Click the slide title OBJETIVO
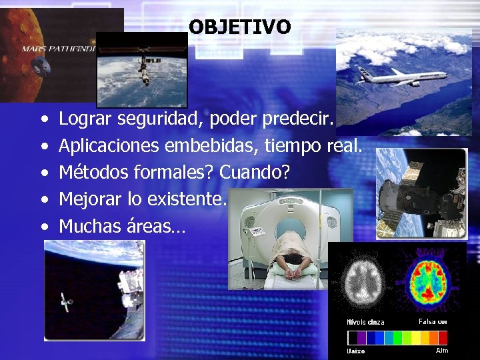click(x=239, y=27)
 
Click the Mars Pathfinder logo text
click(x=59, y=49)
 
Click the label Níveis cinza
click(x=365, y=323)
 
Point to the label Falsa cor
click(x=433, y=322)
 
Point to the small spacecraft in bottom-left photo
click(x=65, y=302)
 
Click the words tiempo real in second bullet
click(x=327, y=145)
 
